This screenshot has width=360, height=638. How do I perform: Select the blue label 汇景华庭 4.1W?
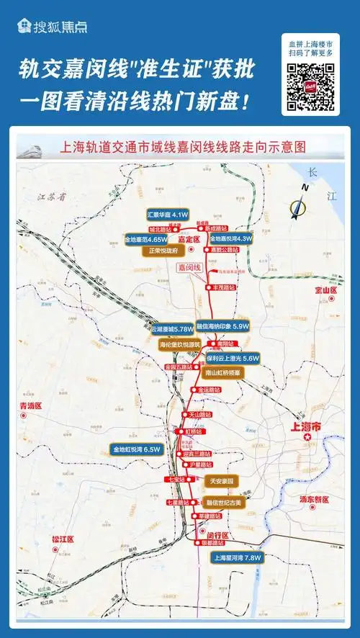tap(167, 215)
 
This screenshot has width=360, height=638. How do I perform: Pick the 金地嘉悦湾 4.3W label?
tap(230, 238)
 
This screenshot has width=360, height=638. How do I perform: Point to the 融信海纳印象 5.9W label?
tap(222, 325)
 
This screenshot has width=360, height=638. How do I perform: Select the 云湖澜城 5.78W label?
tap(172, 329)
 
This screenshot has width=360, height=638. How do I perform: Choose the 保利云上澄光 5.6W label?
tap(233, 357)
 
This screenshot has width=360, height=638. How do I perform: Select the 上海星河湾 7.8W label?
tap(235, 557)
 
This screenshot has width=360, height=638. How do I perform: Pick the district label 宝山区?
tap(325, 289)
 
